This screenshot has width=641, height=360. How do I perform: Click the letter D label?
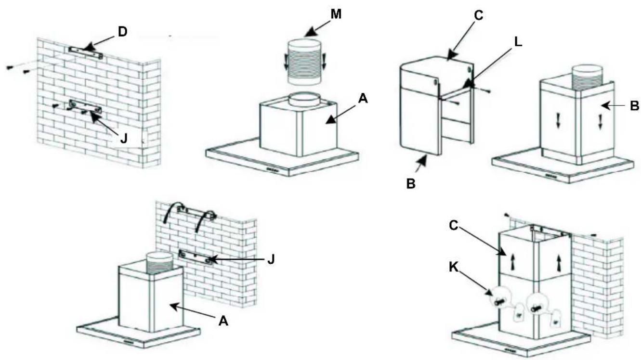tap(122, 32)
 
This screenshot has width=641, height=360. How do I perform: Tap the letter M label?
tap(336, 13)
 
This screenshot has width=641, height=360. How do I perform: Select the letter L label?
tap(518, 42)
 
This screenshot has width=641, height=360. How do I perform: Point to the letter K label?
tap(453, 268)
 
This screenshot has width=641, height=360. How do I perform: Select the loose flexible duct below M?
tap(303, 62)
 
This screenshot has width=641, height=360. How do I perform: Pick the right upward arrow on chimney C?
tap(558, 263)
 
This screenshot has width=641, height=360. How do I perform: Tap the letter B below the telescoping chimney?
tap(411, 183)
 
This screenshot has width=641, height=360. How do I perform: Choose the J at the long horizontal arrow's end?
tap(271, 259)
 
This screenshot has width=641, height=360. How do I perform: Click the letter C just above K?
tap(453, 226)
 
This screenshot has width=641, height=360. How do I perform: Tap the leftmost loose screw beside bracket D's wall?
tap(10, 67)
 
